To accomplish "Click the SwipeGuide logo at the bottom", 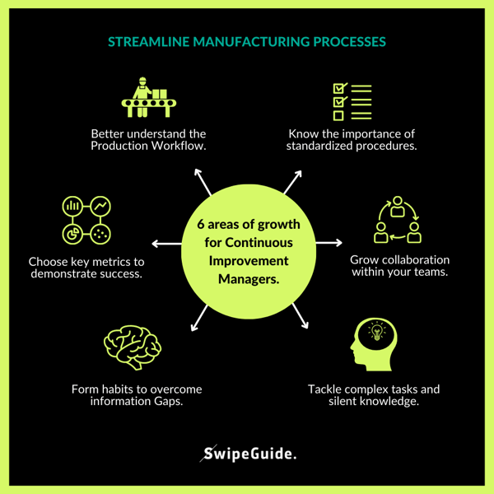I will (249, 453).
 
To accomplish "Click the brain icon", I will (129, 347).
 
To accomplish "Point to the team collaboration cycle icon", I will (398, 221).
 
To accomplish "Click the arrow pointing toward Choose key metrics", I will (165, 244).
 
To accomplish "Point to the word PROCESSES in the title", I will (350, 41).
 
